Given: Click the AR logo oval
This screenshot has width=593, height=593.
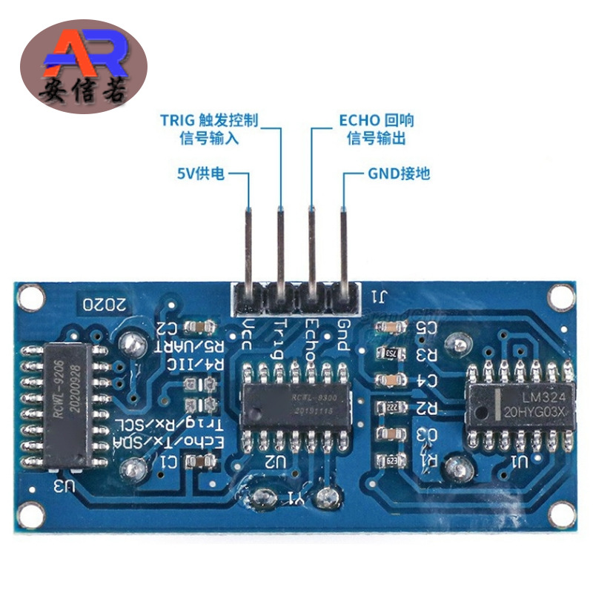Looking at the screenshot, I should [83, 67].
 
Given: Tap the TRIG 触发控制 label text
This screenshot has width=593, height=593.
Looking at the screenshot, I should [214, 120].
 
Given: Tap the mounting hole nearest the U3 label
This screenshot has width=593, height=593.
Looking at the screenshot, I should [30, 513].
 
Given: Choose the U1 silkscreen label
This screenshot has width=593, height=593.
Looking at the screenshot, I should [518, 465].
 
